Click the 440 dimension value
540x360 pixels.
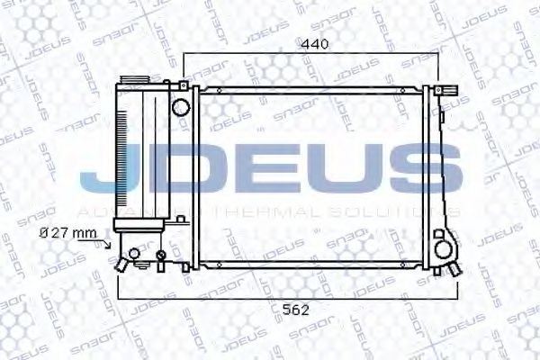(315, 42)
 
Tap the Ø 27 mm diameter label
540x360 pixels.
(67, 232)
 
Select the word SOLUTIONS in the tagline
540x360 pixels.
(397, 211)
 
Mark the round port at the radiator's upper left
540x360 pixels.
(180, 108)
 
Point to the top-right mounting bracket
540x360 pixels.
(446, 91)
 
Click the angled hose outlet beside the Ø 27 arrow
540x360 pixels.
(119, 262)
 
